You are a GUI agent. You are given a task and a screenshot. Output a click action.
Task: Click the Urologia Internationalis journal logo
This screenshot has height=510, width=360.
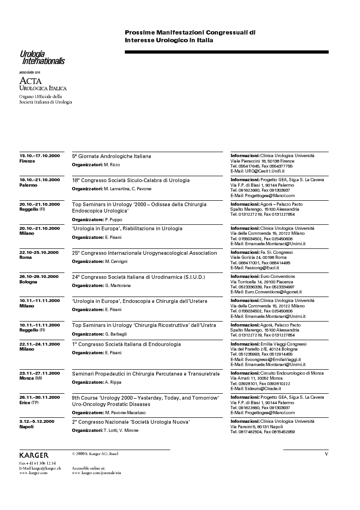pos(42,58)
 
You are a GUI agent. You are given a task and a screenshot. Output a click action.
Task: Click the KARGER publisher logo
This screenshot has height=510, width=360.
pos(34,455)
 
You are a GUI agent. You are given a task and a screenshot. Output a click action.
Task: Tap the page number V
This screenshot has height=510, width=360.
pos(326,454)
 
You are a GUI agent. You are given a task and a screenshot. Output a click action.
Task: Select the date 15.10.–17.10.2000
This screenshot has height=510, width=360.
pos(39,156)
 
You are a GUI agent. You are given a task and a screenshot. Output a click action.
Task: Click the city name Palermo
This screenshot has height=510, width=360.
pos(29,185)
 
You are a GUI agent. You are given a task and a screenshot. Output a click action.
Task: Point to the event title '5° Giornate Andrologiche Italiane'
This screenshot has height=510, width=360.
pos(112,156)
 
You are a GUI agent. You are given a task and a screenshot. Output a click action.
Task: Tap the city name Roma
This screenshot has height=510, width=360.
pos(25,257)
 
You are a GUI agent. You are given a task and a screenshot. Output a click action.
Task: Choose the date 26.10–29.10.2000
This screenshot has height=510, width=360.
pos(39,277)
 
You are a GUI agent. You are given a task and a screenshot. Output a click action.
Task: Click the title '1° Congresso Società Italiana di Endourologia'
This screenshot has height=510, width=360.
pos(127,344)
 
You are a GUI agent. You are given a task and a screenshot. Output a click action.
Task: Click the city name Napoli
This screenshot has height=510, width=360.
pos(27,427)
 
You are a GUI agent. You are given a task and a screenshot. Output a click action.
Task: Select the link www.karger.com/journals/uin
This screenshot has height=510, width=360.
pos(96,473)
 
